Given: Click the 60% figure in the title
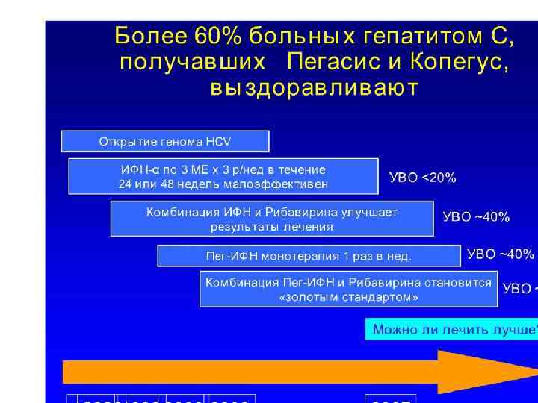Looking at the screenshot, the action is (x=217, y=35).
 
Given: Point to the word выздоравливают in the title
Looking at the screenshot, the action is (x=314, y=89).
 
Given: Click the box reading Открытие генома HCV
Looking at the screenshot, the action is (x=164, y=141).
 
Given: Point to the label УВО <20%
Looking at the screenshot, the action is (x=422, y=178).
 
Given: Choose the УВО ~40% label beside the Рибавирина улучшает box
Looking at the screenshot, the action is (x=476, y=217).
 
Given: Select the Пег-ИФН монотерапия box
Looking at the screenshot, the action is (x=309, y=256).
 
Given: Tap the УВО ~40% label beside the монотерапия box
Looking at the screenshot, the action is (x=500, y=254).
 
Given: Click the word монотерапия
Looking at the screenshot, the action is (x=297, y=256).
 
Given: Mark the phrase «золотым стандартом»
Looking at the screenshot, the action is (x=348, y=297).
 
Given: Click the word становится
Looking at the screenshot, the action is (x=461, y=283).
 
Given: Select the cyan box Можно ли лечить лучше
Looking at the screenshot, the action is (x=451, y=329).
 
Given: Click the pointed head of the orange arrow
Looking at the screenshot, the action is (x=486, y=371).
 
